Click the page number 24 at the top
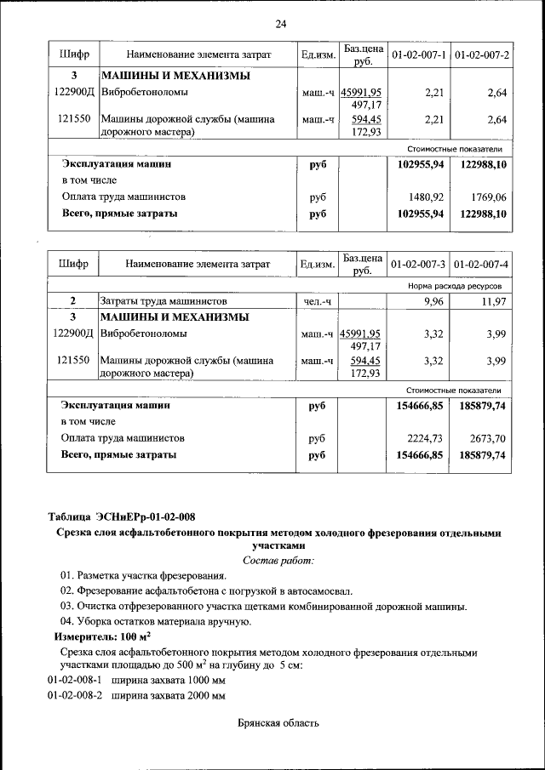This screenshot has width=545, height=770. tap(280, 23)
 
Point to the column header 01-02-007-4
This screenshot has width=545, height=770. tap(482, 265)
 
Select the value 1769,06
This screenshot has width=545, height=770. tap(488, 197)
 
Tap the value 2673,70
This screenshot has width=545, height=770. tap(488, 438)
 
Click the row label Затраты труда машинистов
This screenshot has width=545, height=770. tap(163, 301)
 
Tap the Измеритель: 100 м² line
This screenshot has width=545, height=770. tap(102, 636)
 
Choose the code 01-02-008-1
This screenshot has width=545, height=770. tap(74, 680)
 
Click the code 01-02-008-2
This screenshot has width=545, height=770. tap(74, 695)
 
